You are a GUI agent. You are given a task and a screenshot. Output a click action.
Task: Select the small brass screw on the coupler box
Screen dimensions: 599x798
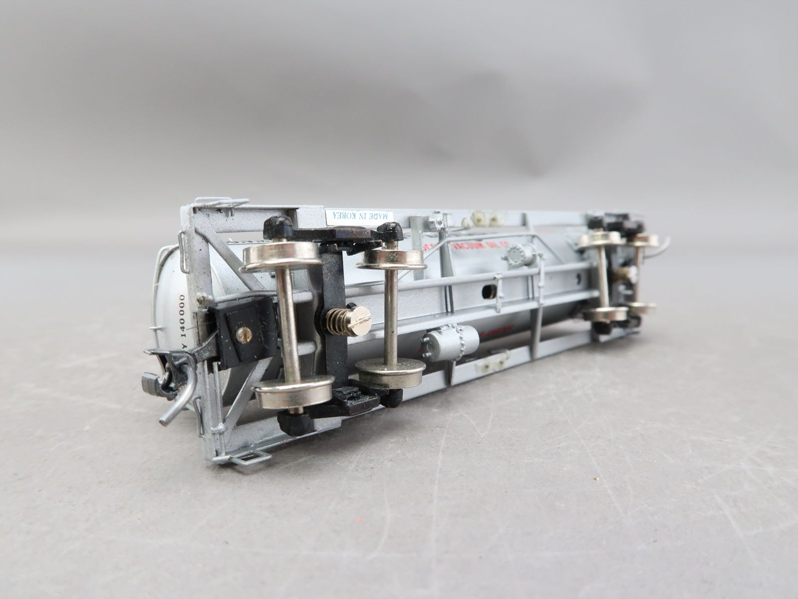point(244,334)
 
